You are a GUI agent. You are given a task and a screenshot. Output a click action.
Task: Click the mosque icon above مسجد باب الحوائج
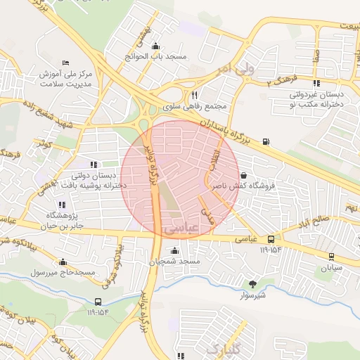pos(155,44)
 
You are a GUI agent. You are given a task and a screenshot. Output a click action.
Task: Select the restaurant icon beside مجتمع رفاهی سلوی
pos(193,96)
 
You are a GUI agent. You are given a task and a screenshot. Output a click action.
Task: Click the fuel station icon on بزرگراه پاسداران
pos(265,141)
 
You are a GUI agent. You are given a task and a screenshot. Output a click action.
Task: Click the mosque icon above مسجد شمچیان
pos(174,250)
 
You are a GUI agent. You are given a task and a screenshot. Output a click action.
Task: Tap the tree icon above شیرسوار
pos(252,284)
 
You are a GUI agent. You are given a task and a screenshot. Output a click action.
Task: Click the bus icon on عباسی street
pos(270,239)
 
